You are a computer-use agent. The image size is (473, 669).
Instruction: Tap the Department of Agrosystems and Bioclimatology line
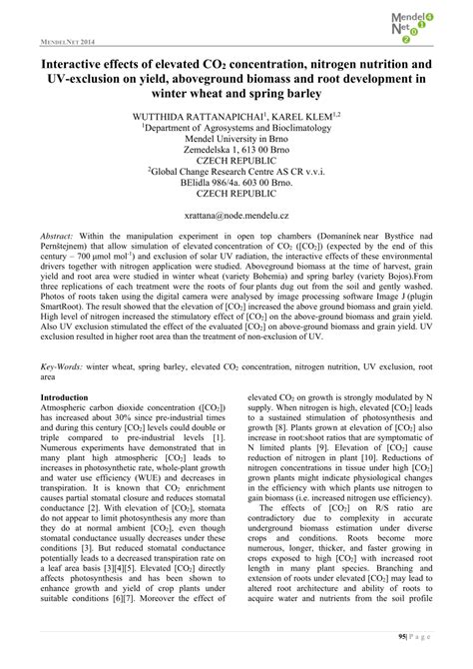236,130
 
